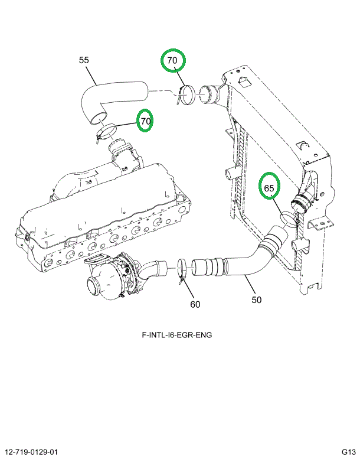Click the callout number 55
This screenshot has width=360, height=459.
pyautogui.click(x=84, y=60)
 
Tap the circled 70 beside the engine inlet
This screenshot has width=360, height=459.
pyautogui.click(x=145, y=122)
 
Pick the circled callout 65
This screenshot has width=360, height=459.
pyautogui.click(x=269, y=188)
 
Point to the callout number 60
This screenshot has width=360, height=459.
pyautogui.click(x=195, y=304)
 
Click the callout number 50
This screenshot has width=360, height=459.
pyautogui.click(x=256, y=300)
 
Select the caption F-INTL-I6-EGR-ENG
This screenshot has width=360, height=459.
pyautogui.click(x=176, y=335)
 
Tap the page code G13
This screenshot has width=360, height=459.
pyautogui.click(x=347, y=452)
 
